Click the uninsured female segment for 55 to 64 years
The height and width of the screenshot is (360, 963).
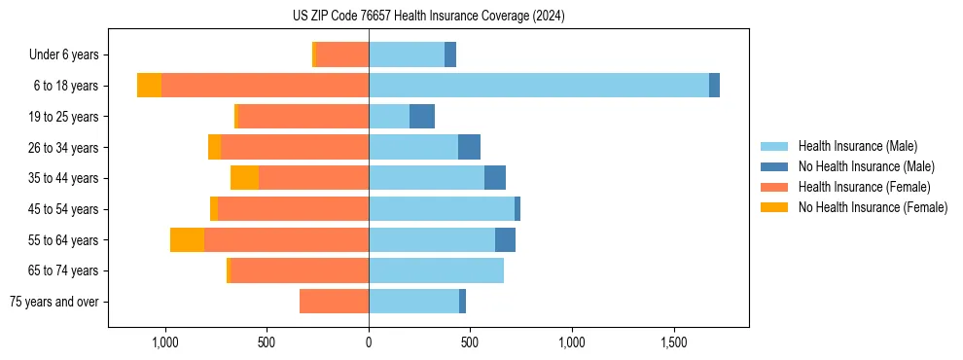coord(187,240)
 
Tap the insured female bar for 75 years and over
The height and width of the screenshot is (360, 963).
coord(334,302)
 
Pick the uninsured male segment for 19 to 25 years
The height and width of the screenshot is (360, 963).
coord(421,117)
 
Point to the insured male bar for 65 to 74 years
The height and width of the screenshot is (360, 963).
coord(436,270)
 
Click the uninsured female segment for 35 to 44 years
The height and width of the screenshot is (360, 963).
coord(244,178)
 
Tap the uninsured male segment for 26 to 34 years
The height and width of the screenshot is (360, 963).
coord(469,148)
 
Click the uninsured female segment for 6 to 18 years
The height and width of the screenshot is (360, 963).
coord(149,86)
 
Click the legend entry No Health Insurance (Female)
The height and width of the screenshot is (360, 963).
coord(872,207)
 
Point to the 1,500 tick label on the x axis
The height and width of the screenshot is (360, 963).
coord(674,342)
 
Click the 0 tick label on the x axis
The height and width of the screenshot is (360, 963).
coord(369,342)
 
